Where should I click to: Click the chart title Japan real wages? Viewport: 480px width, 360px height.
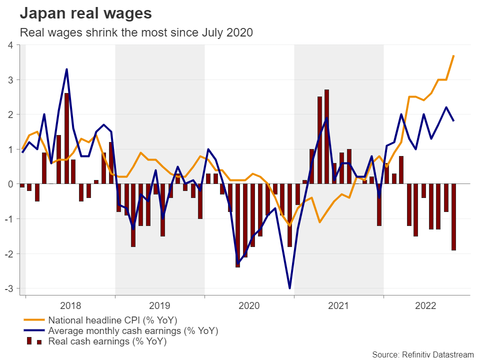click(x=85, y=13)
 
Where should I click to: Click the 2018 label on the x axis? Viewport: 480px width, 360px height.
click(x=70, y=304)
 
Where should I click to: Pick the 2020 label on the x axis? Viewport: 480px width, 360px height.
click(x=249, y=304)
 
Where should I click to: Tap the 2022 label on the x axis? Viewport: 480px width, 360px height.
click(x=428, y=304)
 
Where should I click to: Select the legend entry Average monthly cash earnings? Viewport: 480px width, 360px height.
click(x=133, y=331)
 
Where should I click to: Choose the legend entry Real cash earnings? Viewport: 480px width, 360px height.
click(x=107, y=342)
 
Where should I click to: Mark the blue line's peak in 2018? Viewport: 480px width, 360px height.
click(x=66, y=69)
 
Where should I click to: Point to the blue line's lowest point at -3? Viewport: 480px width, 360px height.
click(x=289, y=288)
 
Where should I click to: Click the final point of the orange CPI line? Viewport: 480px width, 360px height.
click(x=453, y=55)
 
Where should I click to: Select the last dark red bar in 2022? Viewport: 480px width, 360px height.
click(x=453, y=217)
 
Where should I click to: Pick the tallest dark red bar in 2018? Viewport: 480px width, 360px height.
click(x=66, y=138)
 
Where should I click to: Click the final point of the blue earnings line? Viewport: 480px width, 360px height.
click(x=453, y=121)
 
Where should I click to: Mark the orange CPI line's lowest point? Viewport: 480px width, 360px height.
click(x=289, y=225)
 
